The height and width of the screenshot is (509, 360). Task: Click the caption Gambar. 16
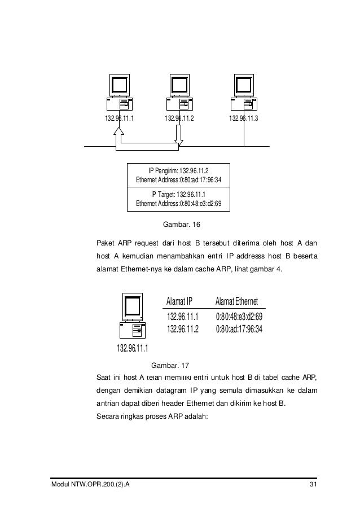click(x=181, y=225)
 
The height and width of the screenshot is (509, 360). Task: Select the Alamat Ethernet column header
click(x=236, y=302)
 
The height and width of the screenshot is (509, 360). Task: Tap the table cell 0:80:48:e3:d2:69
click(x=239, y=317)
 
